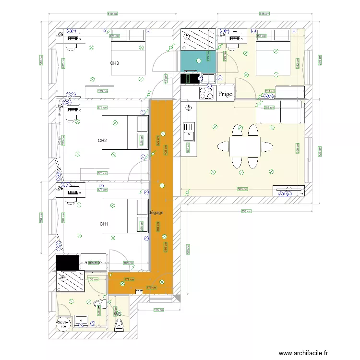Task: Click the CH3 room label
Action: (115, 63)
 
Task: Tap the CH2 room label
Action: (102, 141)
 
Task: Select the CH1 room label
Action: (104, 224)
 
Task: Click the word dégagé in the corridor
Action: (156, 212)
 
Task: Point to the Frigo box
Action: (225, 94)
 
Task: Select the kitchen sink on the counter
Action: (189, 131)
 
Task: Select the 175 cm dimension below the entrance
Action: (156, 310)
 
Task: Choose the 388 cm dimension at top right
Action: (264, 14)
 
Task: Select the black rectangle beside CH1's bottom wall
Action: (67, 262)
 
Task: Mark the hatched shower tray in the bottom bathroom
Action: (71, 282)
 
